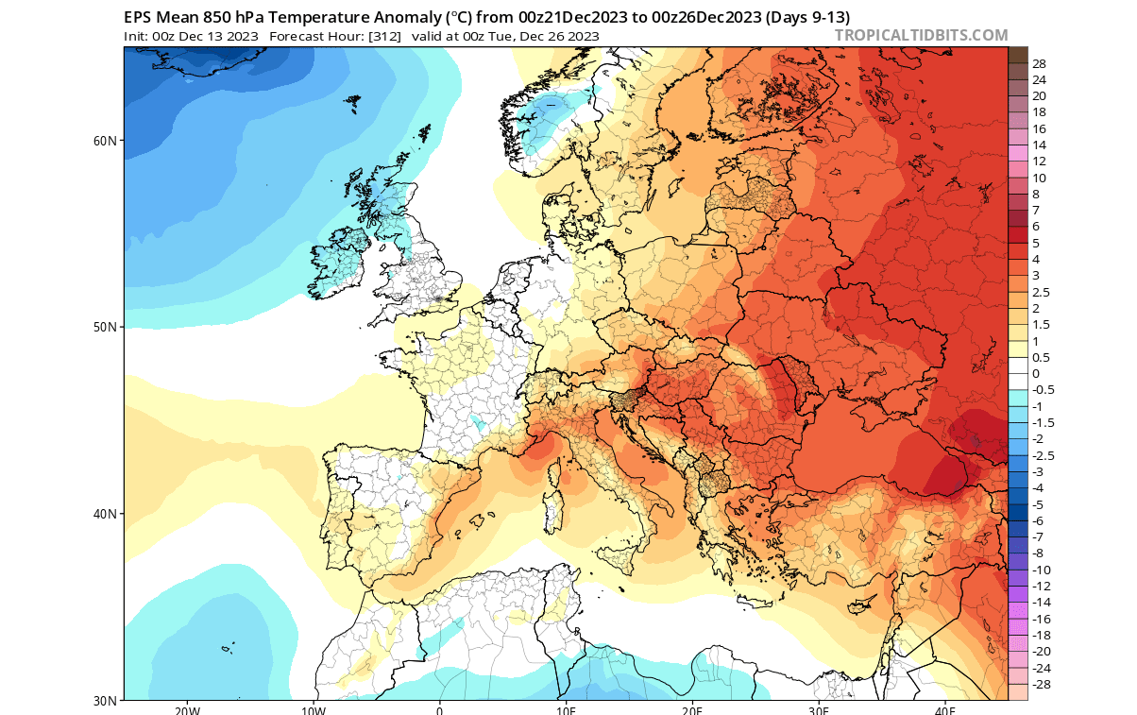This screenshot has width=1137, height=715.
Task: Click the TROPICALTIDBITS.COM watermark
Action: [x=921, y=36]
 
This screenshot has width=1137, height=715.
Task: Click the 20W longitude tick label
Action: [x=187, y=709]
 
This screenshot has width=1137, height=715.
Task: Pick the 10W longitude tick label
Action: [x=314, y=709]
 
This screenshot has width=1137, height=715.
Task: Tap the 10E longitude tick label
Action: [x=566, y=709]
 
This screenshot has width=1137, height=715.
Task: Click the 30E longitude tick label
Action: [x=819, y=709]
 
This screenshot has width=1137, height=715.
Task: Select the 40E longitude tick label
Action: [x=945, y=709]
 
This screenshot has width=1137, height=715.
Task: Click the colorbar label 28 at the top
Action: [x=1039, y=63]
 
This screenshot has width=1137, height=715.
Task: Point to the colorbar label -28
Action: [x=1041, y=684]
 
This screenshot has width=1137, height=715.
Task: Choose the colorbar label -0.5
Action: [x=1043, y=390]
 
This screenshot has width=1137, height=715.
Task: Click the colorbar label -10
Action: [x=1041, y=570]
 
